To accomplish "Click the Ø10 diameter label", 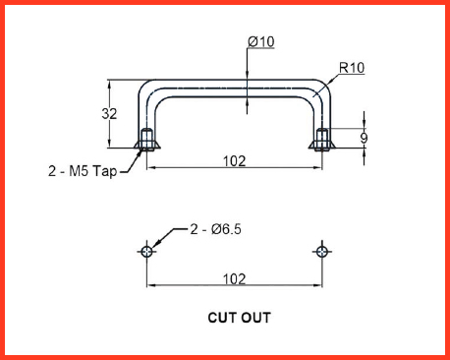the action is tap(261, 42).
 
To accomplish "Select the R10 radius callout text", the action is tap(352, 68).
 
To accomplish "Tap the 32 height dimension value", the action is tap(109, 114).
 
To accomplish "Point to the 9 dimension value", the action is tap(364, 138).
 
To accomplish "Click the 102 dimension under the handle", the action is tap(234, 161).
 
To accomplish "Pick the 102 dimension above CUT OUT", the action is tap(234, 279).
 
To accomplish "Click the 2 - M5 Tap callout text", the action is tap(83, 171).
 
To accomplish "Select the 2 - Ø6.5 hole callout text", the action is tap(216, 229).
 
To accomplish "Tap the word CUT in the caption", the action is tap(221, 318).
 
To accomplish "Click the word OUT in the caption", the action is tap(256, 318).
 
